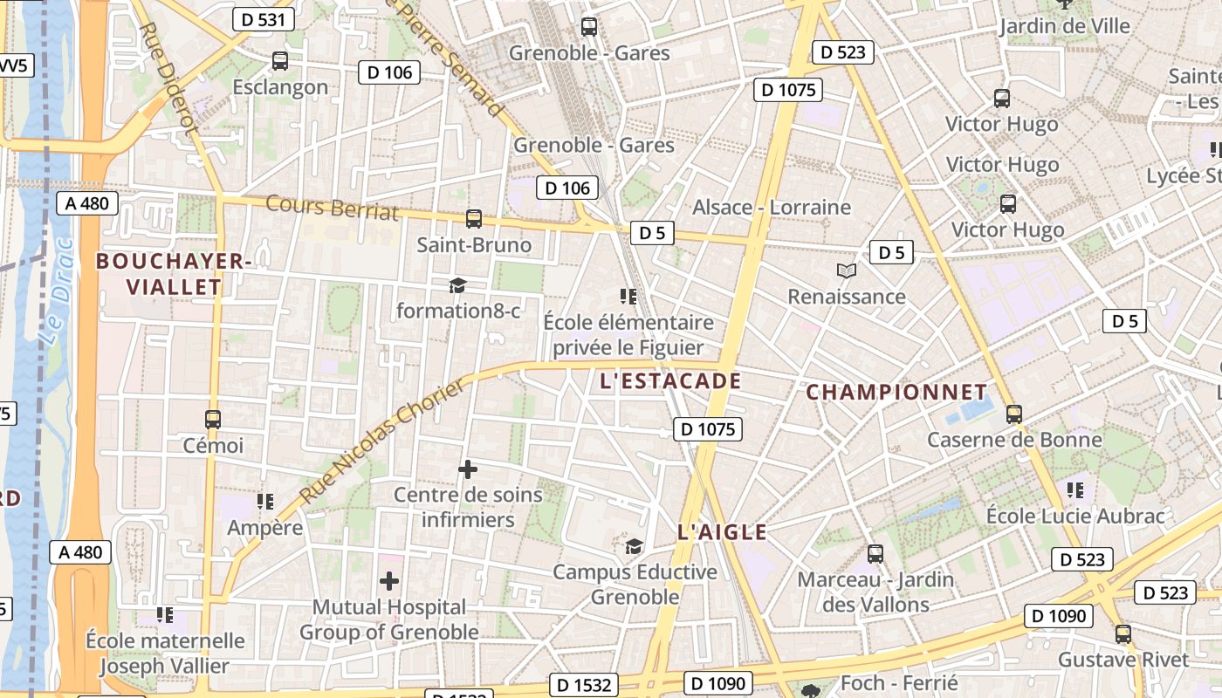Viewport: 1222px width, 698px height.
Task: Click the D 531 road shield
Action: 263,20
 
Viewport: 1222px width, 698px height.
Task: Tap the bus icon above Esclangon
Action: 280,61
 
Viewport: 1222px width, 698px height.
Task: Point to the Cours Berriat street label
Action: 332,208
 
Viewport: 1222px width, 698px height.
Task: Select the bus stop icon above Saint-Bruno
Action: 474,218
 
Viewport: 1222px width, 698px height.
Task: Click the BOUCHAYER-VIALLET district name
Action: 174,274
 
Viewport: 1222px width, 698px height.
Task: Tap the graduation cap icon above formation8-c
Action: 457,285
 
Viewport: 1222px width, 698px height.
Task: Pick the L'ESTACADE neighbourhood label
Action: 671,381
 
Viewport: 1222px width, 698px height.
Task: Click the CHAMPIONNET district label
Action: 896,392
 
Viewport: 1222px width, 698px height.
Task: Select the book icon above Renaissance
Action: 846,270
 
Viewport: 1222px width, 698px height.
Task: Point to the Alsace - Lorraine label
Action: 772,208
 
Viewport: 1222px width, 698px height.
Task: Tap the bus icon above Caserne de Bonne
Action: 1014,414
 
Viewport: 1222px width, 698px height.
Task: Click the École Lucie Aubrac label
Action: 1075,516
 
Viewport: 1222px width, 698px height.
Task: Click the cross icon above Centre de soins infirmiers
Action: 468,469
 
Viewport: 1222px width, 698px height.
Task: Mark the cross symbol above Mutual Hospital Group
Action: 389,580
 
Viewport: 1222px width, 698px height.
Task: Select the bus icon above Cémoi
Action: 213,419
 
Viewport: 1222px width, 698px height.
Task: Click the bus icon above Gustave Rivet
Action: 1123,634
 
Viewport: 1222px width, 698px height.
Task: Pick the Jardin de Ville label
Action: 1065,26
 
